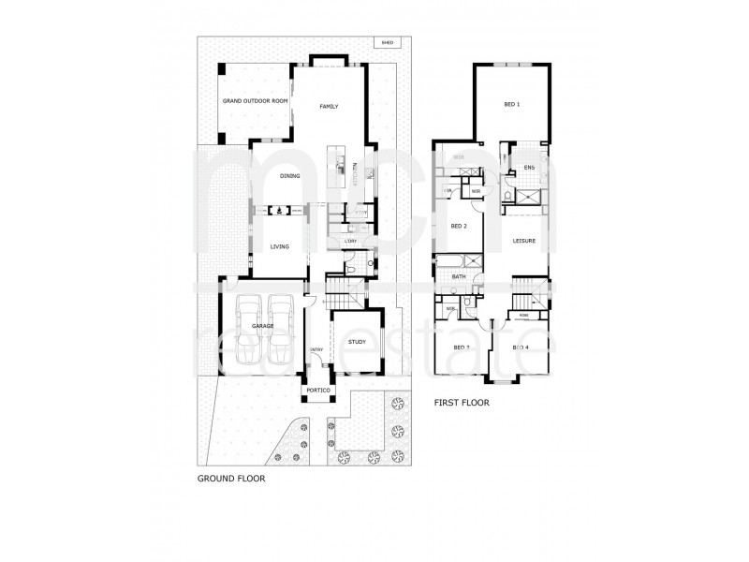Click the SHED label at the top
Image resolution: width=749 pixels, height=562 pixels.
pyautogui.click(x=386, y=43)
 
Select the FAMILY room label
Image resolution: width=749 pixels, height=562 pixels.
pyautogui.click(x=328, y=107)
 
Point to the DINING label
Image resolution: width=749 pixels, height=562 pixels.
pyautogui.click(x=290, y=176)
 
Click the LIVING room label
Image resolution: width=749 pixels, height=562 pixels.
pyautogui.click(x=279, y=246)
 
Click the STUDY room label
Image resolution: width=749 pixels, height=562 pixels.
pyautogui.click(x=356, y=343)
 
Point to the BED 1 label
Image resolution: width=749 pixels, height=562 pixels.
pyautogui.click(x=511, y=104)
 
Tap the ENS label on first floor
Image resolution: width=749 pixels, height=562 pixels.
pyautogui.click(x=529, y=168)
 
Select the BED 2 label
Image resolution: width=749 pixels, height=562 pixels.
pyautogui.click(x=459, y=227)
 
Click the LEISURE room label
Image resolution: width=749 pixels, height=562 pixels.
pyautogui.click(x=523, y=241)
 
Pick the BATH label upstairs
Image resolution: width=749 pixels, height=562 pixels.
pyautogui.click(x=460, y=276)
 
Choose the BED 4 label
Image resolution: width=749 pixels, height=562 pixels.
pyautogui.click(x=521, y=348)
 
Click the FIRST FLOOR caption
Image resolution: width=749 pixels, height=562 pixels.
pyautogui.click(x=463, y=404)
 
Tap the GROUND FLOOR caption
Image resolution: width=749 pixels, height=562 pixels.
pyautogui.click(x=230, y=477)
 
